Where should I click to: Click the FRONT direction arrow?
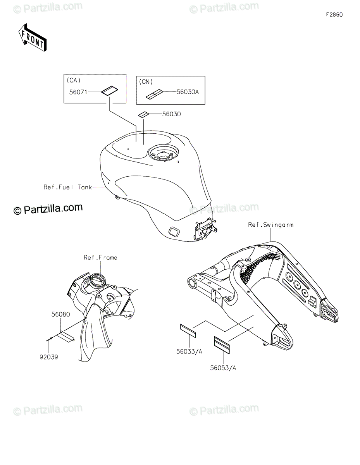[33, 37]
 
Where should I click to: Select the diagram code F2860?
[334, 15]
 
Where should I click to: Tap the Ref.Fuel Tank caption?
[67, 187]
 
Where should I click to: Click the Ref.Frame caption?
[100, 257]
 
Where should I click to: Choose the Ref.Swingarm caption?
[271, 224]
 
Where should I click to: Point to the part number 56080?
[60, 315]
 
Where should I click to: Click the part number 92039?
[48, 357]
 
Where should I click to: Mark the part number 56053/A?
[223, 368]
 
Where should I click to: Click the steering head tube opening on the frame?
[97, 279]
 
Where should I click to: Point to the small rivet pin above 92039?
[49, 340]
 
